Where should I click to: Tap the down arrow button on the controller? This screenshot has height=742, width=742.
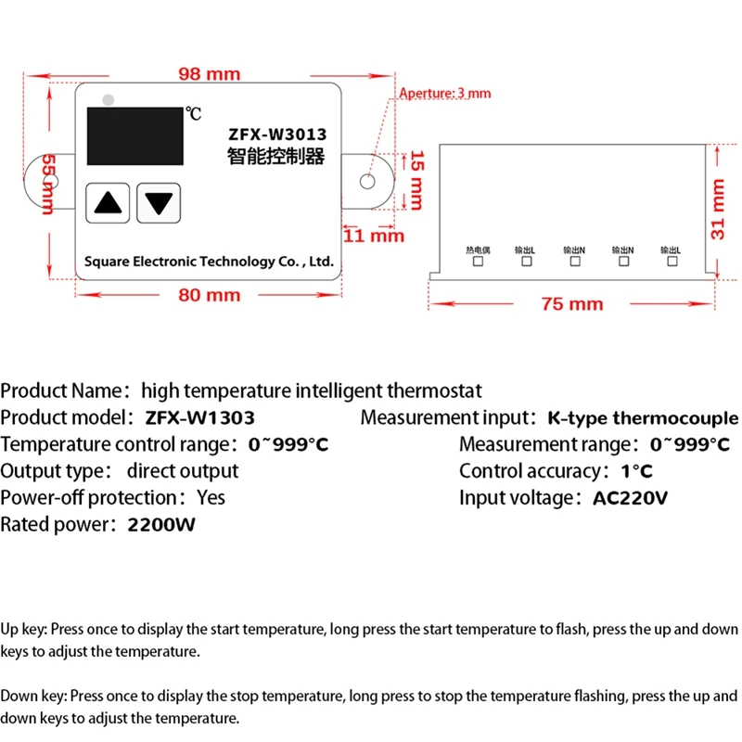[159, 202]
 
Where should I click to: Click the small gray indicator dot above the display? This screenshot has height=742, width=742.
[109, 97]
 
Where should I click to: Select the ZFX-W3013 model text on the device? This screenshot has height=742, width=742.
[276, 134]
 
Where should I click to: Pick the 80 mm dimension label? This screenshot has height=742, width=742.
[209, 295]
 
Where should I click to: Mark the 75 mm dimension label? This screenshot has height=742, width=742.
[571, 303]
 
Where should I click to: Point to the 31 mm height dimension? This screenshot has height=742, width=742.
[717, 209]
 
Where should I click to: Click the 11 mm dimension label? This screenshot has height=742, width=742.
[374, 236]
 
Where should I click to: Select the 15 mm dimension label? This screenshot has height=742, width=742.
[416, 179]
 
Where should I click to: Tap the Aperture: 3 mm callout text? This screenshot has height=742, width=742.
[444, 93]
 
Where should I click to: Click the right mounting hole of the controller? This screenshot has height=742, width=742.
[370, 180]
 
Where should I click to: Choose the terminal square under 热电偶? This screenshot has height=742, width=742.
[479, 262]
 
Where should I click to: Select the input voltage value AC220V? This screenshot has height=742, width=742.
[630, 498]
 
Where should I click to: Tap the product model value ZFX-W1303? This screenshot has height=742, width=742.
[199, 418]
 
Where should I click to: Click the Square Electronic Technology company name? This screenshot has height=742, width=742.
[208, 262]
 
